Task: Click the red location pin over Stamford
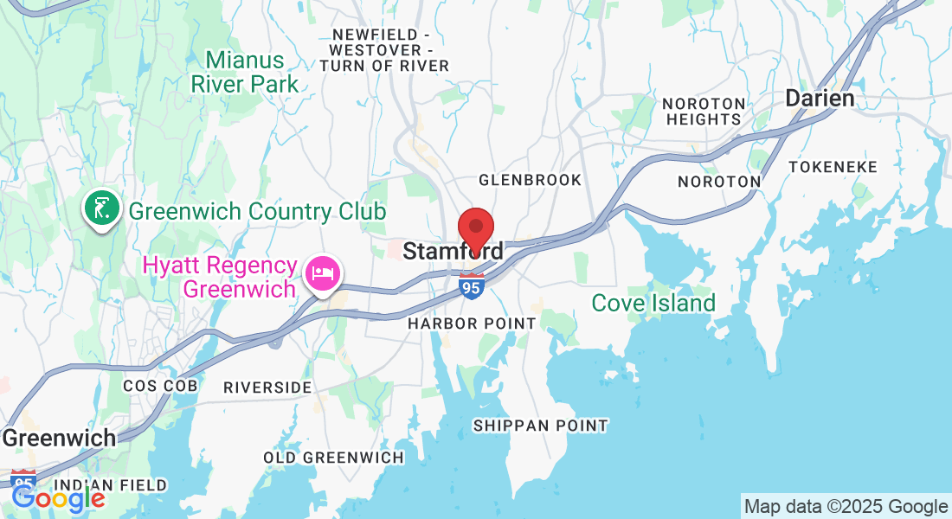pyautogui.click(x=475, y=229)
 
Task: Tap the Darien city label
pyautogui.click(x=819, y=99)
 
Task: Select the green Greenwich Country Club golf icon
pyautogui.click(x=101, y=208)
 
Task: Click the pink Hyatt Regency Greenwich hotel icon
pyautogui.click(x=323, y=274)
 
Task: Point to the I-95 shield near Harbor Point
pyautogui.click(x=472, y=287)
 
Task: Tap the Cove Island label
pyautogui.click(x=653, y=304)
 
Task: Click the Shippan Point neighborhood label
pyautogui.click(x=540, y=426)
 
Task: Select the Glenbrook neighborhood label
pyautogui.click(x=531, y=180)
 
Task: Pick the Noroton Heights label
pyautogui.click(x=702, y=112)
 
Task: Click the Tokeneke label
pyautogui.click(x=833, y=167)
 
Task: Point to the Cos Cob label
pyautogui.click(x=160, y=386)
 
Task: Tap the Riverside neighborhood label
pyautogui.click(x=267, y=388)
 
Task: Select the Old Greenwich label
pyautogui.click(x=333, y=458)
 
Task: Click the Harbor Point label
pyautogui.click(x=473, y=324)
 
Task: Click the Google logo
pyautogui.click(x=58, y=498)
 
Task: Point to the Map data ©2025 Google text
pyautogui.click(x=846, y=507)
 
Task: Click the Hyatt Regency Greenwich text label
pyautogui.click(x=239, y=277)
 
